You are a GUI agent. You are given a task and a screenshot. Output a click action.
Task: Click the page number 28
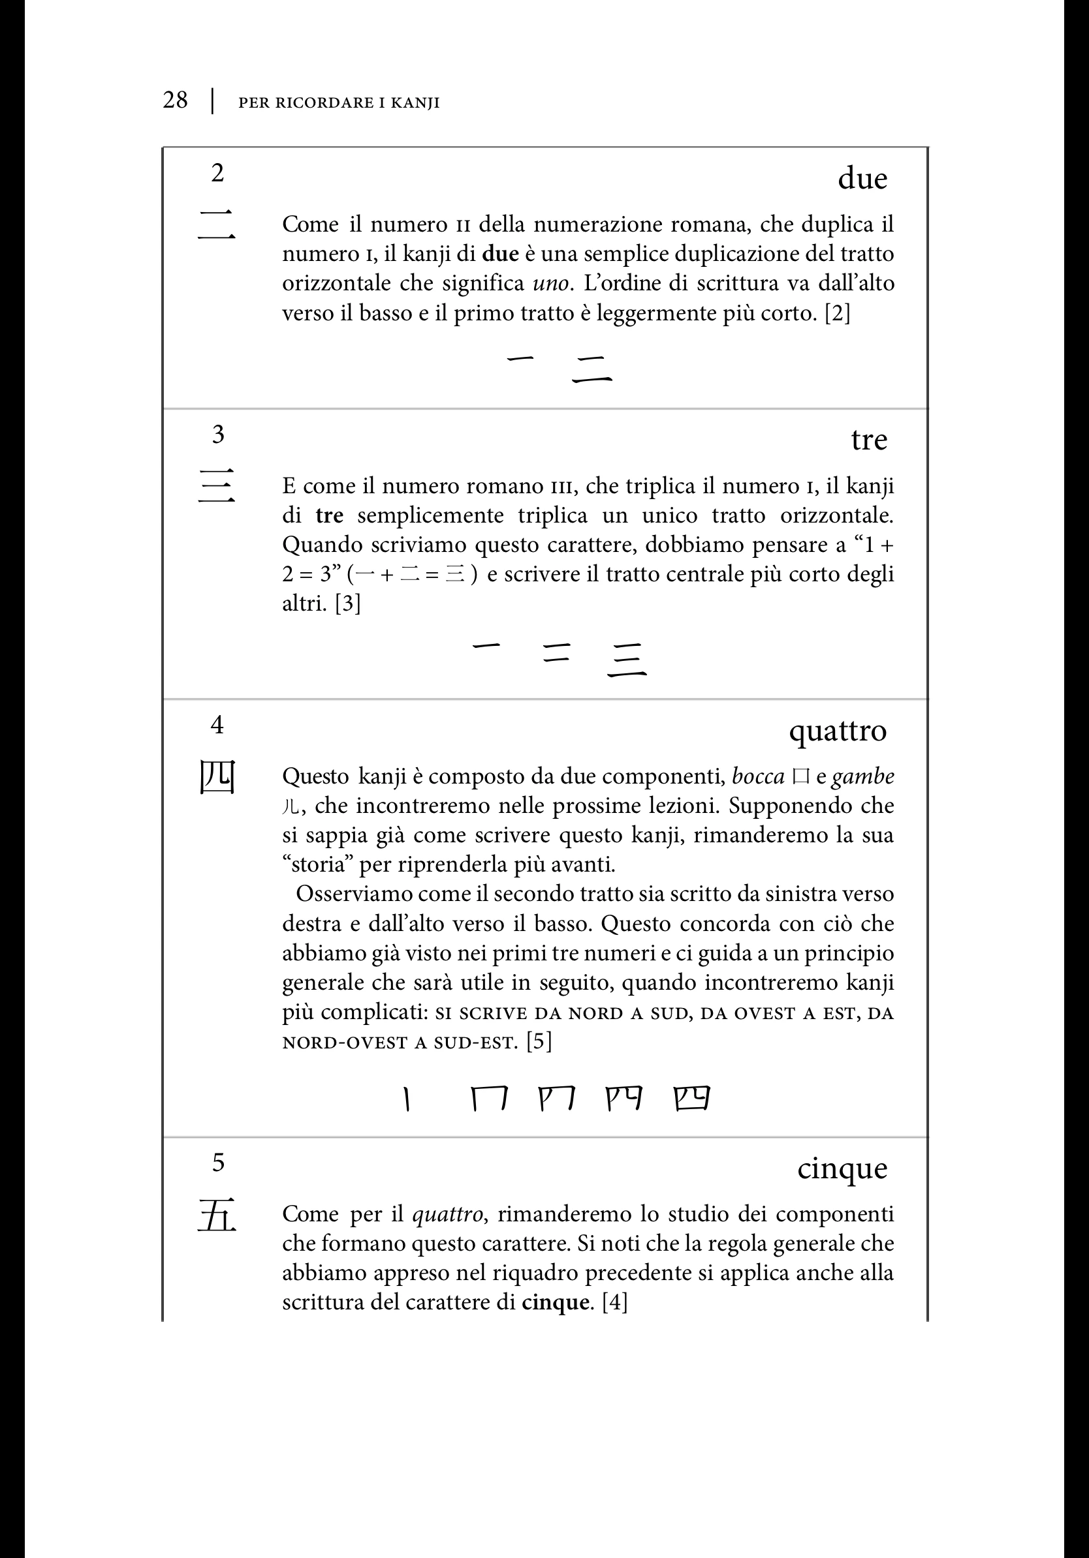(x=175, y=100)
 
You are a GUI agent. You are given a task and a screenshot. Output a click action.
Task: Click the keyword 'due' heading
(x=862, y=179)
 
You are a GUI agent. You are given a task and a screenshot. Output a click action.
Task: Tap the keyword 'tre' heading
(x=869, y=440)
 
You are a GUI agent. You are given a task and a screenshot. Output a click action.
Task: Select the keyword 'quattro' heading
(x=838, y=731)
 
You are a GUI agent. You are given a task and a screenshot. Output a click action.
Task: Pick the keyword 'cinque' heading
(x=842, y=1168)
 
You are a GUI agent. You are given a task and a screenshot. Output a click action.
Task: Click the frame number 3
(x=218, y=435)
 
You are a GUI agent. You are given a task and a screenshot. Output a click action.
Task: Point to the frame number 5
(x=218, y=1163)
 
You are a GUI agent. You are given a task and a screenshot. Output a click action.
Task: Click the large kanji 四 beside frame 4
(x=217, y=777)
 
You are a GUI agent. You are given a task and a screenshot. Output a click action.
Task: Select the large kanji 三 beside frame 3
(x=217, y=486)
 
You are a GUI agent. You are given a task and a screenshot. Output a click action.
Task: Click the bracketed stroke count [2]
(x=837, y=314)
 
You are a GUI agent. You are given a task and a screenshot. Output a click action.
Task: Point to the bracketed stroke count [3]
(x=347, y=603)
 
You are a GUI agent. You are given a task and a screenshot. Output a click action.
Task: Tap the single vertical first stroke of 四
(x=406, y=1099)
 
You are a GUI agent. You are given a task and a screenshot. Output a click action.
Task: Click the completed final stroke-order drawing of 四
(x=692, y=1098)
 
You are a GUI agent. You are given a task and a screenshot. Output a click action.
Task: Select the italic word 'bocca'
(x=759, y=776)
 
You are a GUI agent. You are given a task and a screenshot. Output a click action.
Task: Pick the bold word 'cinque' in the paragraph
(x=555, y=1303)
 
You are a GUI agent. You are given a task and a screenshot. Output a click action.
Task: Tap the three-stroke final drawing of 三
(x=626, y=660)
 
